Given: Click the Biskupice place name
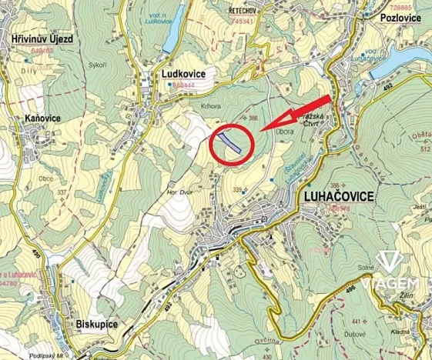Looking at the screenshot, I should coord(96,325).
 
